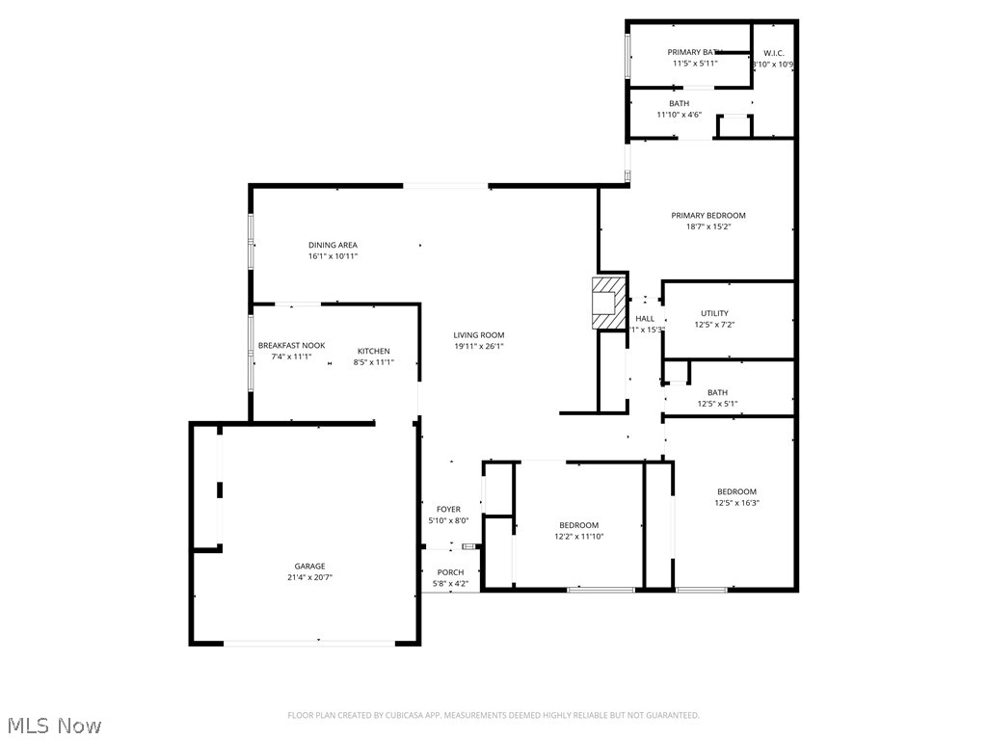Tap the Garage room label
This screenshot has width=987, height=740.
click(309, 567)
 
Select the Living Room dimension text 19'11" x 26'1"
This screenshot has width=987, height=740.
click(479, 347)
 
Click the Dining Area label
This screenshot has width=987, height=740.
click(333, 246)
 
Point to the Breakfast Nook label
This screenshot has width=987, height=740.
click(291, 345)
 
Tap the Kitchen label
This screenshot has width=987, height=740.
click(374, 351)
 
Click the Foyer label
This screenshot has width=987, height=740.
click(448, 509)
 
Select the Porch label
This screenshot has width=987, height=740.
click(450, 572)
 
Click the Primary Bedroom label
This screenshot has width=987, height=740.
click(708, 216)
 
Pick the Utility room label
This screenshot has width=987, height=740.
click(714, 313)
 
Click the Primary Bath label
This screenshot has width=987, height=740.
click(695, 52)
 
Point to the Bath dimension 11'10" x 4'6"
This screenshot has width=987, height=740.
click(680, 115)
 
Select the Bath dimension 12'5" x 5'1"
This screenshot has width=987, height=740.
click(717, 404)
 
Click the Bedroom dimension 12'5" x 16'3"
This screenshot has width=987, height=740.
click(736, 503)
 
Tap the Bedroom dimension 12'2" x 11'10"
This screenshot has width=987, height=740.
click(578, 537)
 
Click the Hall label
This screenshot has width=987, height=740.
click(645, 318)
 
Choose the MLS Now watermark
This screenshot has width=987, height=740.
click(53, 725)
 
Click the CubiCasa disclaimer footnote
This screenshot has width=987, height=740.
click(493, 715)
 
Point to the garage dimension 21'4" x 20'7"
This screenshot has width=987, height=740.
click(309, 578)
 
